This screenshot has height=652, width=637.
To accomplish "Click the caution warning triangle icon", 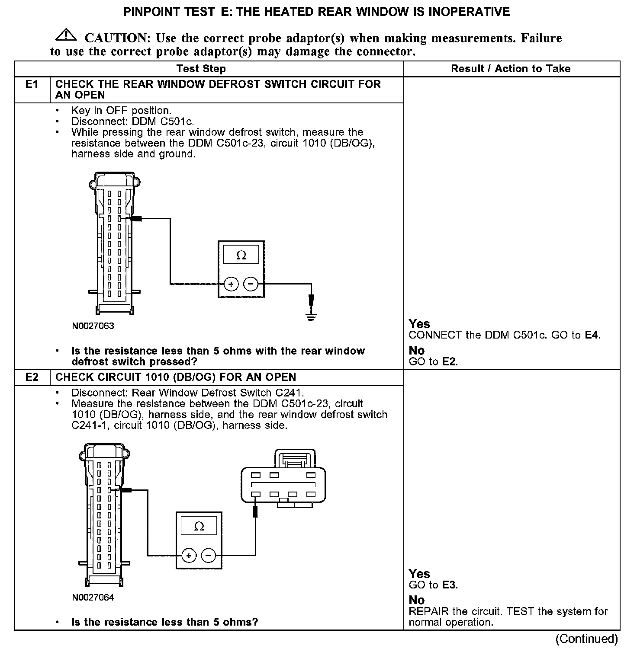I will (x=66, y=35).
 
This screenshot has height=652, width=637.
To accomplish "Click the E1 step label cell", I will (x=32, y=85).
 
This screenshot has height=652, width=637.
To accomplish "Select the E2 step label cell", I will (x=32, y=377).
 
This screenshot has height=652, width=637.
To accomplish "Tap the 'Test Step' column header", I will (x=201, y=69).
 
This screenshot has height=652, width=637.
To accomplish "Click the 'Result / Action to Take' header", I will (x=511, y=69).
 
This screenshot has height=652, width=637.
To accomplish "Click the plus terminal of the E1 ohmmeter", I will (x=232, y=284).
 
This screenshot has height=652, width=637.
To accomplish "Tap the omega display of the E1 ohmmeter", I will (x=241, y=255).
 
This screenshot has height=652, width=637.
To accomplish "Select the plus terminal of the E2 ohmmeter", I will (x=189, y=555).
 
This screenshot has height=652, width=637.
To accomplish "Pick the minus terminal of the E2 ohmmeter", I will (x=209, y=555).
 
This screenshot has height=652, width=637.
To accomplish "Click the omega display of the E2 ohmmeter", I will (x=199, y=526).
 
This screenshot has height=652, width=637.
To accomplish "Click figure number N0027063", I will (x=93, y=326).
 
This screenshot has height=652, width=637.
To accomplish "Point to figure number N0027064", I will (x=93, y=598).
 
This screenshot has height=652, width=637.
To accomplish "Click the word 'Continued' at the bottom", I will (x=586, y=639).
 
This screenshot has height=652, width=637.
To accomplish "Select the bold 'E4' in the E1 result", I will (x=592, y=335).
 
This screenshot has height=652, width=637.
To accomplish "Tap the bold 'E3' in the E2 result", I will (x=450, y=585).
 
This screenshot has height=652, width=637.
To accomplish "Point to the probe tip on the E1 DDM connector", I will (x=136, y=219).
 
